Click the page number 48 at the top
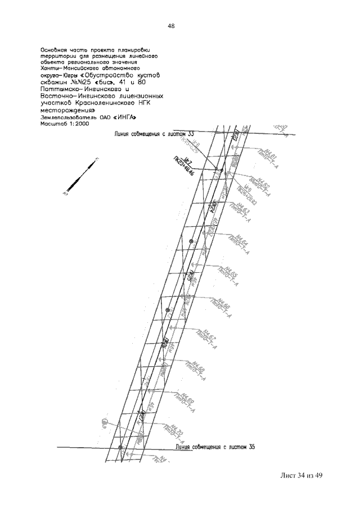(170, 26)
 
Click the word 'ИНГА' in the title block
(123, 117)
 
